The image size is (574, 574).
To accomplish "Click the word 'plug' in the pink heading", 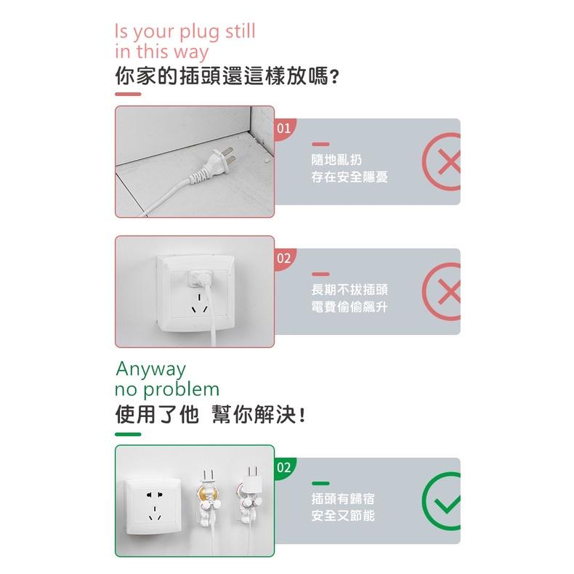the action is tap(200, 32).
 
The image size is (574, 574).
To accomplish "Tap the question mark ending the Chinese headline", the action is tap(334, 77).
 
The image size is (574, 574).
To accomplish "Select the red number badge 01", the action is tap(284, 129).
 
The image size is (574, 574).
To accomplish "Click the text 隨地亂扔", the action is tap(336, 160).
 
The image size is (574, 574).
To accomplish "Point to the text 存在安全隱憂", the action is tap(349, 177).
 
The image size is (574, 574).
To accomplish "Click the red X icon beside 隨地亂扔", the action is tap(442, 161).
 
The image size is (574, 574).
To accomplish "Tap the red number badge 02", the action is tap(284, 259).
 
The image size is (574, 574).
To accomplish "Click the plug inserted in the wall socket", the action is tap(200, 281).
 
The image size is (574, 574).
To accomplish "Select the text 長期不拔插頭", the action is tap(349, 290).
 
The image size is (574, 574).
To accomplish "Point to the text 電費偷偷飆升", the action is tap(349, 307).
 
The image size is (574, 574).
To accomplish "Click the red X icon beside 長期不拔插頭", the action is tap(442, 291).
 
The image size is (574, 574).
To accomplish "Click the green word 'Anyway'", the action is tap(151, 370).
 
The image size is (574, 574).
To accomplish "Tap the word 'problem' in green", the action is tap(181, 390).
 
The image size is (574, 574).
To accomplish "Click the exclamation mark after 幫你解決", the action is tap(302, 415).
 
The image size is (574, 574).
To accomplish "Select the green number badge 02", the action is tap(284, 468).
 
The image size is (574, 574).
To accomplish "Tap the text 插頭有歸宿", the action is tap(343, 498).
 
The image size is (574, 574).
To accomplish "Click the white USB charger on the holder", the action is tap(253, 479).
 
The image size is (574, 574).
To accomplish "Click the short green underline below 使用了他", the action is tap(128, 434).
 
